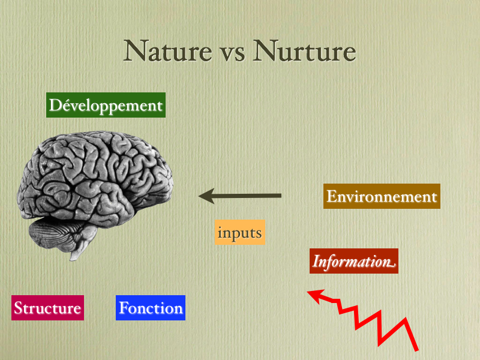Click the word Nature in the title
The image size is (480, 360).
pos(168,51)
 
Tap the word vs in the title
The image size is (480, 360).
pos(233,54)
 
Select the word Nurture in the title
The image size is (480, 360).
pos(305,51)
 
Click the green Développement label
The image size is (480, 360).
pos(106,105)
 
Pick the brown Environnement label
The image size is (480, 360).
pos(382,196)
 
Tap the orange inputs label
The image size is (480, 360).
pos(239,232)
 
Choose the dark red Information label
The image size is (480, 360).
pos(354,261)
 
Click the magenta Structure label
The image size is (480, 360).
pos(48,308)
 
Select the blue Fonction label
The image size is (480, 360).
pos(151,308)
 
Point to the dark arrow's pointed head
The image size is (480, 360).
pos(200,196)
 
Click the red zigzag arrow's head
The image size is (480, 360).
pos(308,292)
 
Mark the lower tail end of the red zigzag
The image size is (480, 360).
pos(416,350)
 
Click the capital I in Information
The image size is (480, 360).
pos(317,262)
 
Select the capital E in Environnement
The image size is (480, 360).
pos(332,196)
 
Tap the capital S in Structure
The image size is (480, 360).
pos(19,308)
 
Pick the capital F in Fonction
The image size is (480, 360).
pos(124,308)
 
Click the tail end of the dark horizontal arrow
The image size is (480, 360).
pos(281,196)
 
